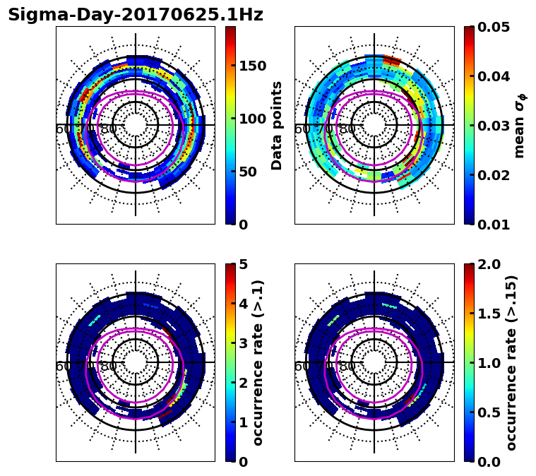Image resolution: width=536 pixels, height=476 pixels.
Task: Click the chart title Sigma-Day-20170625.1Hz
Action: coord(136,15)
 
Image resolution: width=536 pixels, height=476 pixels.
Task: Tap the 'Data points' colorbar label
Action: coord(277,125)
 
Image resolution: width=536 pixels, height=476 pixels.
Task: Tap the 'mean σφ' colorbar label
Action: coord(519,126)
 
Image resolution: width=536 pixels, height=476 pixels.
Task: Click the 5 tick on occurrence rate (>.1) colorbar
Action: coord(243,264)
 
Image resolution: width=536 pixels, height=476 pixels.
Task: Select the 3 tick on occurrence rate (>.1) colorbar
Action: coord(243,343)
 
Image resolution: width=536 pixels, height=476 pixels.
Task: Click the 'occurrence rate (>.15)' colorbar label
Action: coord(512,362)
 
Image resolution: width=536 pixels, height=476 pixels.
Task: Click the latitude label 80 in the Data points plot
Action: coord(109,129)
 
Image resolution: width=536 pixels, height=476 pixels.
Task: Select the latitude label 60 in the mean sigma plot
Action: coord(302,129)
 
